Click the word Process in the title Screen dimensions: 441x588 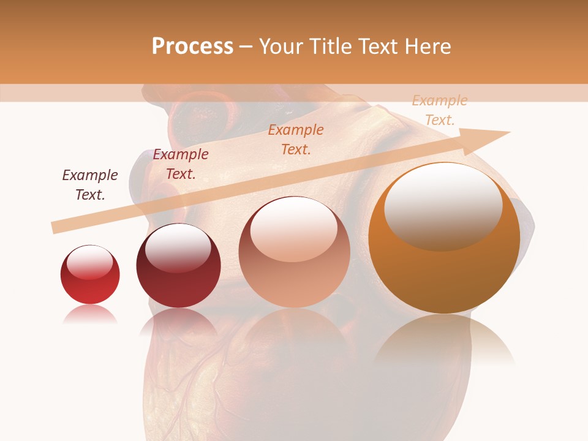pyautogui.click(x=192, y=47)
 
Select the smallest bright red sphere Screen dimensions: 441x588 pyautogui.click(x=90, y=275)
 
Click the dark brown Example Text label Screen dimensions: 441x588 pyautogui.click(x=90, y=185)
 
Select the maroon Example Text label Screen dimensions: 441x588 pyautogui.click(x=181, y=164)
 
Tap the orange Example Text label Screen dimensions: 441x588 pyautogui.click(x=296, y=139)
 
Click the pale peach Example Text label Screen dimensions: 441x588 pyautogui.click(x=440, y=110)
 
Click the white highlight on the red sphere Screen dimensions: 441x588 pyautogui.click(x=90, y=262)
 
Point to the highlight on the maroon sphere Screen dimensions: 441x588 pyautogui.click(x=178, y=248)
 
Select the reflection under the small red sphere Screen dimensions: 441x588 pyautogui.click(x=90, y=315)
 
